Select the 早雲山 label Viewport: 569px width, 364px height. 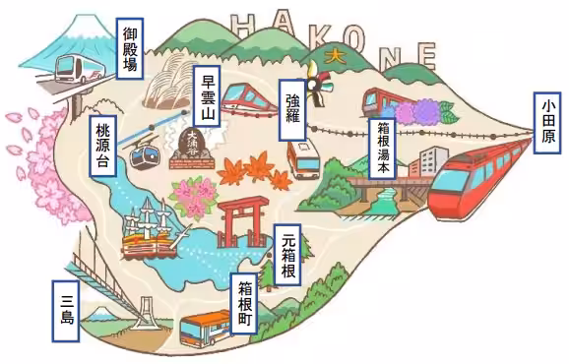pyautogui.click(x=207, y=100)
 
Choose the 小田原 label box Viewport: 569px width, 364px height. pyautogui.click(x=548, y=123)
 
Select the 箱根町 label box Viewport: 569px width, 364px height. pyautogui.click(x=245, y=308)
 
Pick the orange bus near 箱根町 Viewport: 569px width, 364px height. pyautogui.click(x=207, y=329)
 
